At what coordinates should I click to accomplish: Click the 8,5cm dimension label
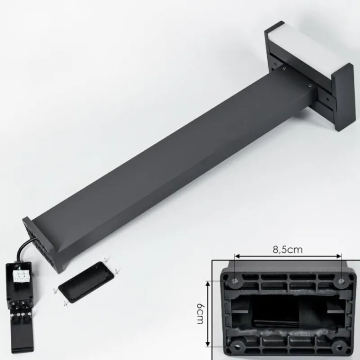[x=288, y=250]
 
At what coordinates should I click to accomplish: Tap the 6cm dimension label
[x=200, y=314]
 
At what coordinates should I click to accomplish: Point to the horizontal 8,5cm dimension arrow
[x=288, y=256]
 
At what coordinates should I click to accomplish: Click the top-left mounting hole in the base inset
[x=235, y=281]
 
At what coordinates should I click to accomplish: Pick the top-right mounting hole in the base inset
[x=342, y=281]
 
